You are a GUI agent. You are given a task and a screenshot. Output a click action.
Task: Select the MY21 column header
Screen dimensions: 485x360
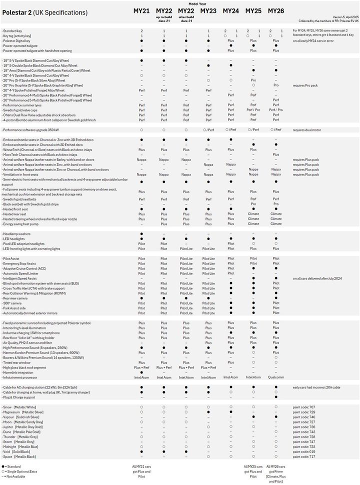coord(141,10)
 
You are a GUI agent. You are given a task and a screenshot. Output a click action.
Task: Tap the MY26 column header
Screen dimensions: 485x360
coord(275,10)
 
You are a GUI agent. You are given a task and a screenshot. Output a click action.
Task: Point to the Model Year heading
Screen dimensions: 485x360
coord(208,3)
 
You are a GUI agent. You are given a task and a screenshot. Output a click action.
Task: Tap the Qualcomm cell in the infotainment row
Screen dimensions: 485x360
coord(275,377)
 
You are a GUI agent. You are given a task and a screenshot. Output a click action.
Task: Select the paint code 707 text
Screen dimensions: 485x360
coord(305,407)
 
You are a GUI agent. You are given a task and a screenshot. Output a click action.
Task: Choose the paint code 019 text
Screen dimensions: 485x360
coord(305,451)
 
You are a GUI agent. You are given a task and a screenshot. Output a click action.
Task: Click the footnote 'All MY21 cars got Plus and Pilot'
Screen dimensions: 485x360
coord(141,471)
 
